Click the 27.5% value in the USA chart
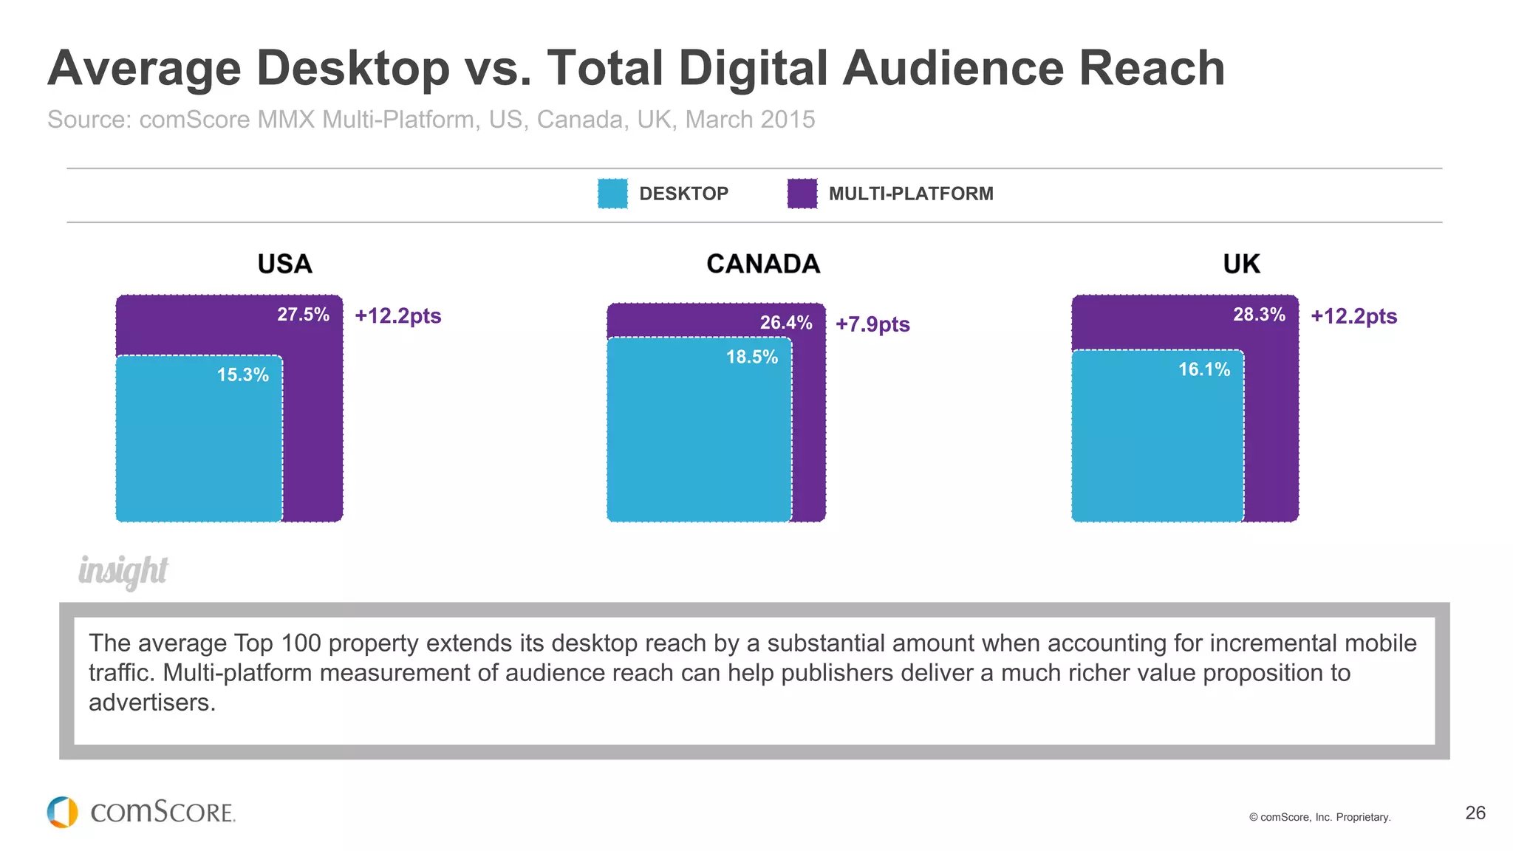(x=303, y=315)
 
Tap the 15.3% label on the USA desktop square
(x=242, y=375)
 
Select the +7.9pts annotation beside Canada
(x=872, y=324)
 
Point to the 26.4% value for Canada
(x=786, y=323)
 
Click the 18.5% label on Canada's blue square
(x=751, y=358)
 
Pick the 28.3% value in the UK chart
(x=1259, y=315)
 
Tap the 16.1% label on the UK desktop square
(x=1203, y=370)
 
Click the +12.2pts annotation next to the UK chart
(x=1353, y=316)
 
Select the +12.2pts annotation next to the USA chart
(x=397, y=316)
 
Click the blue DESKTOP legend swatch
(x=612, y=194)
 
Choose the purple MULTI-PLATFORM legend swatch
(x=802, y=194)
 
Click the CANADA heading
(x=762, y=264)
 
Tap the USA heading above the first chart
(x=284, y=264)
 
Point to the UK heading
(x=1241, y=264)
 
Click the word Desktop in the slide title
(x=353, y=68)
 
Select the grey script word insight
(x=123, y=571)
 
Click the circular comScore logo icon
(x=63, y=812)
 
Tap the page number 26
(x=1475, y=813)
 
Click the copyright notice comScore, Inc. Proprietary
(x=1319, y=817)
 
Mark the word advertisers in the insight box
(x=151, y=703)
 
